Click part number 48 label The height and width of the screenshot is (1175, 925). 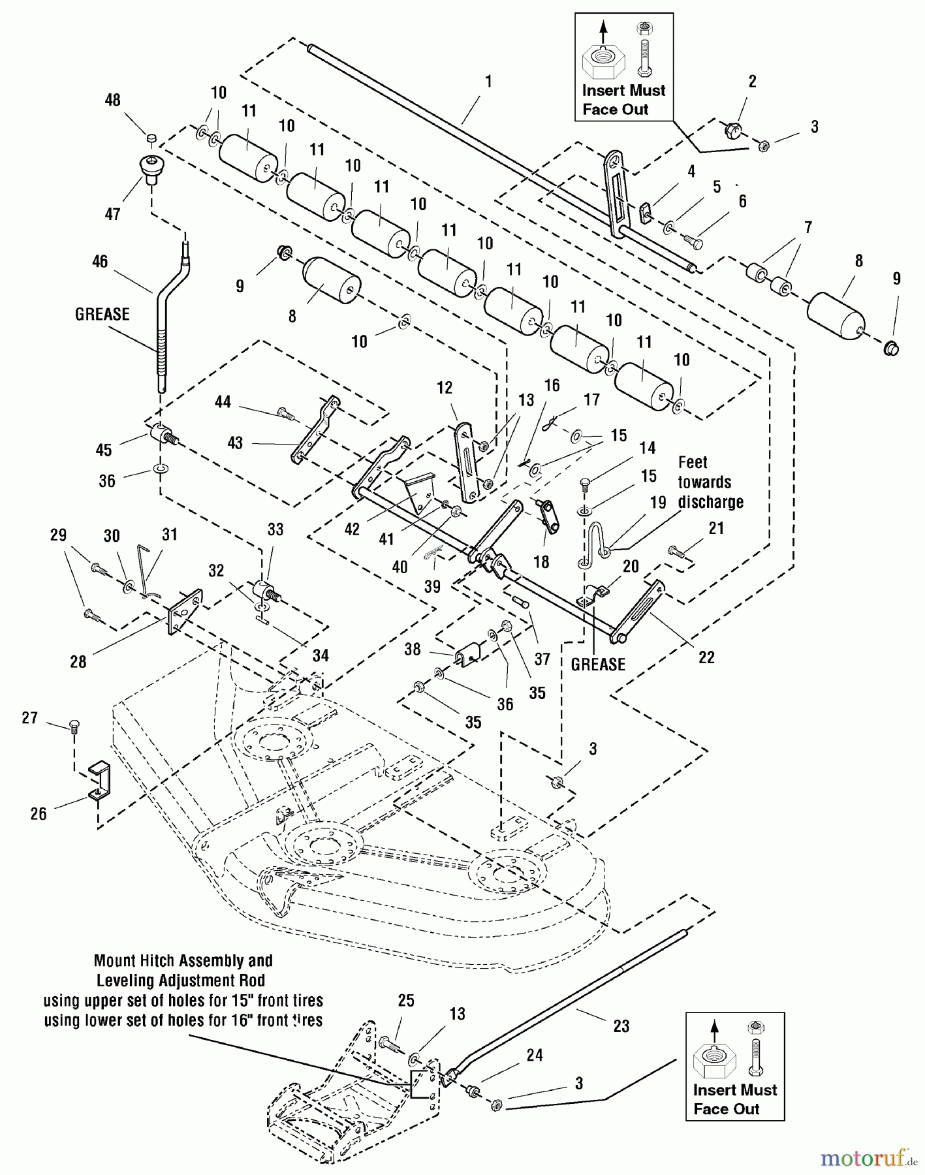(x=113, y=100)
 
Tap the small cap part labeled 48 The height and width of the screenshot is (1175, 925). (x=151, y=138)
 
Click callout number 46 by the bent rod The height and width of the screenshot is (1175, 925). (x=100, y=262)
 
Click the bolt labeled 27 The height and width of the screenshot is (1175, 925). (x=74, y=725)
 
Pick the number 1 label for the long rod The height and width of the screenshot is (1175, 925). (x=488, y=82)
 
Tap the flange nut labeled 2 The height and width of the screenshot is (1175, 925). (x=732, y=129)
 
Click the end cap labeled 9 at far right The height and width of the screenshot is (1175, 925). (x=890, y=348)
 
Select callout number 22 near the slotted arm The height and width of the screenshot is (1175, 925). (x=706, y=657)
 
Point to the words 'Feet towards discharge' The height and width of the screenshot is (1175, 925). (x=710, y=482)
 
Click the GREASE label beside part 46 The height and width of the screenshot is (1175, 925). (x=102, y=314)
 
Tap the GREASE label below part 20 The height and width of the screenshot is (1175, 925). (x=598, y=665)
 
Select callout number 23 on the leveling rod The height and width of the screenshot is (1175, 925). (x=621, y=1026)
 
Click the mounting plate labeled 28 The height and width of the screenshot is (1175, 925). (x=185, y=610)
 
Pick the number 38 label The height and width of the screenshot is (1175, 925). (x=412, y=650)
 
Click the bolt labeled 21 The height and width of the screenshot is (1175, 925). (x=677, y=552)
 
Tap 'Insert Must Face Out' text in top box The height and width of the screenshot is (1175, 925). (x=623, y=100)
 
